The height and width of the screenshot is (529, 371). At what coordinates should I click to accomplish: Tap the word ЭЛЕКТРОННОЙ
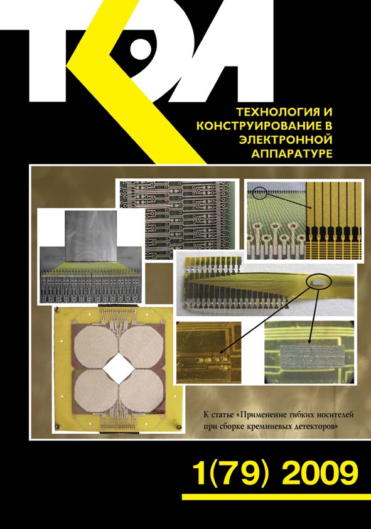coord(286,139)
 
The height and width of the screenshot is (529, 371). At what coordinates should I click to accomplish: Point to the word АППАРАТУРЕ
coord(292,154)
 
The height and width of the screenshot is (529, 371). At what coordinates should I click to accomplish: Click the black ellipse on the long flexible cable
coord(319,281)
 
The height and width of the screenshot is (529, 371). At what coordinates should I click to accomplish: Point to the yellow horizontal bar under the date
coord(276,496)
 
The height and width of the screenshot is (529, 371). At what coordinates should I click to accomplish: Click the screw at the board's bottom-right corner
coord(179,427)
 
